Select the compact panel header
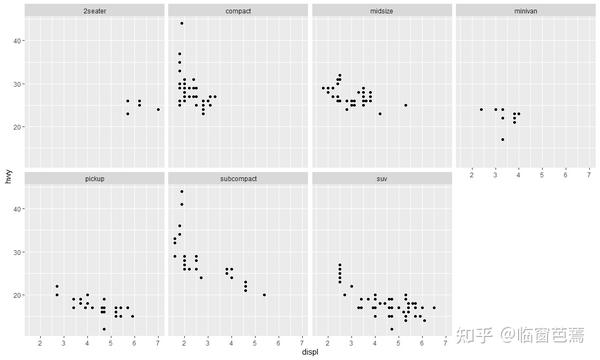point(238,10)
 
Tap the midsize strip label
point(382,10)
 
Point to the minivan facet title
point(525,10)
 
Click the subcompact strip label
point(238,178)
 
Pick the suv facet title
point(382,178)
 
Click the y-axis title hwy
point(9,177)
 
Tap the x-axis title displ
point(310,352)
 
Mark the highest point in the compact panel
point(181,23)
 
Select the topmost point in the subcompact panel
point(181,191)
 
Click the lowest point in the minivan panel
point(502,139)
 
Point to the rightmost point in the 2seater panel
point(158,109)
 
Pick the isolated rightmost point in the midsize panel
point(405,105)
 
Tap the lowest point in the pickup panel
point(103,329)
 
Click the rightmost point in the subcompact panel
point(264,295)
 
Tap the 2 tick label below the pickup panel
point(39,343)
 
